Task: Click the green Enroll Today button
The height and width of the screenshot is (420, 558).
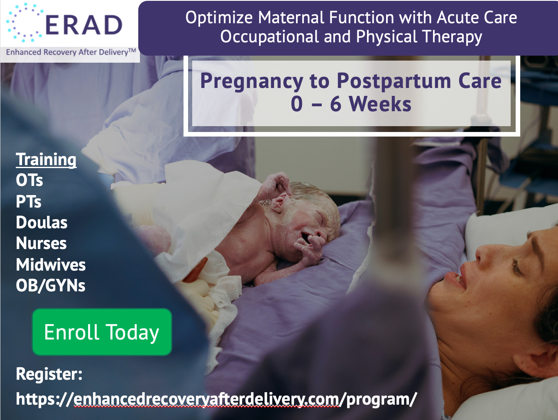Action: click(102, 332)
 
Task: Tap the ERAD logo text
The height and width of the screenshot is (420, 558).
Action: click(84, 25)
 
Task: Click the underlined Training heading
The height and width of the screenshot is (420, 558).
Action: click(46, 159)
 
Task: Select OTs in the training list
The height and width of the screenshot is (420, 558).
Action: click(29, 180)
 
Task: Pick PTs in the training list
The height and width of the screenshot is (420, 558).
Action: click(29, 201)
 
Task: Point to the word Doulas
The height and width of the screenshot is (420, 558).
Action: click(42, 222)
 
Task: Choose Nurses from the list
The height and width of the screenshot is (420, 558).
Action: click(41, 243)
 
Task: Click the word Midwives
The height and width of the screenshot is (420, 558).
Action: click(51, 264)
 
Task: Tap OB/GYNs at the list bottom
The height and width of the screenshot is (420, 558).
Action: click(50, 286)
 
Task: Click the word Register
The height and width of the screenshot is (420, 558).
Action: click(49, 374)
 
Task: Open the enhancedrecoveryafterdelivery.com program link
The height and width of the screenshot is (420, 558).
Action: click(216, 399)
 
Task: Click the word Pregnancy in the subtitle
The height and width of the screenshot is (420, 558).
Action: click(252, 81)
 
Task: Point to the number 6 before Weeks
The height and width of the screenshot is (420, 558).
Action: click(335, 104)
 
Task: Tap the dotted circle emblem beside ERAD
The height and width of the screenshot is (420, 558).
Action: click(24, 22)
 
